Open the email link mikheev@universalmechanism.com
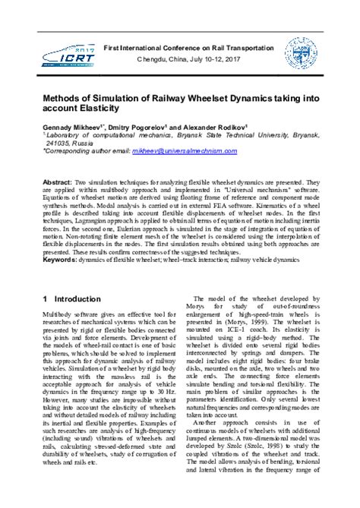(199, 151)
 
